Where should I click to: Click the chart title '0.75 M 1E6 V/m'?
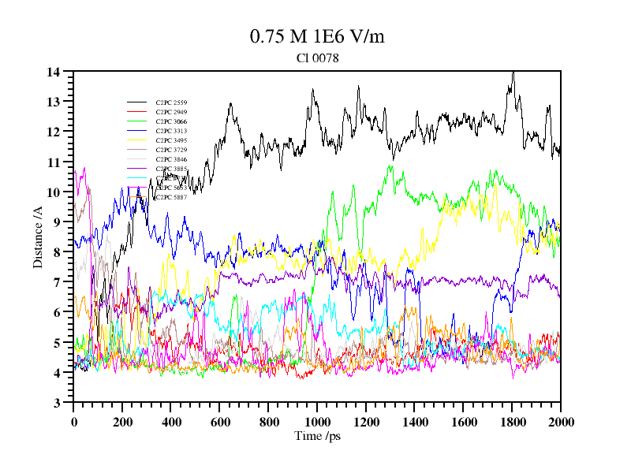[317, 37]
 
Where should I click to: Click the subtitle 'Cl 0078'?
[317, 58]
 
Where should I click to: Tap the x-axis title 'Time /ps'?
[316, 436]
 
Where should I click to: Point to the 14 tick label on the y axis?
[54, 72]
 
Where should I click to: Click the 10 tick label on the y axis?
[54, 192]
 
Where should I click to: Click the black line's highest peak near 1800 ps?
[513, 73]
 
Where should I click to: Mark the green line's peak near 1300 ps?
[390, 166]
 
